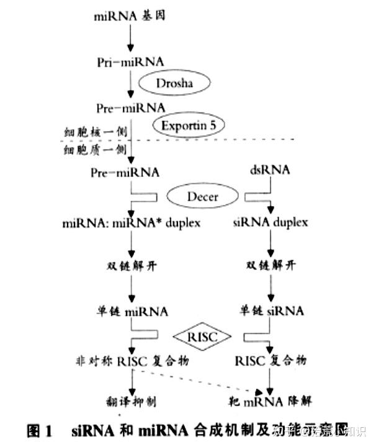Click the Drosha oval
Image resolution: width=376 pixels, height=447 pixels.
(175, 83)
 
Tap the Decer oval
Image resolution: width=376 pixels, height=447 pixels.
(202, 197)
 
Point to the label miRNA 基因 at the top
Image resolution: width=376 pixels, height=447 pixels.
(130, 17)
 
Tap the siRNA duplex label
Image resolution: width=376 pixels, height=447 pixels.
(271, 222)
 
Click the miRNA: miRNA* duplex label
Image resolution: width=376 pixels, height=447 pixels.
(131, 222)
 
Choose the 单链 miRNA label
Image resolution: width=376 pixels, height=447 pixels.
(131, 310)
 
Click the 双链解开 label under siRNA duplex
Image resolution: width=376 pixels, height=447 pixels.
(271, 265)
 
